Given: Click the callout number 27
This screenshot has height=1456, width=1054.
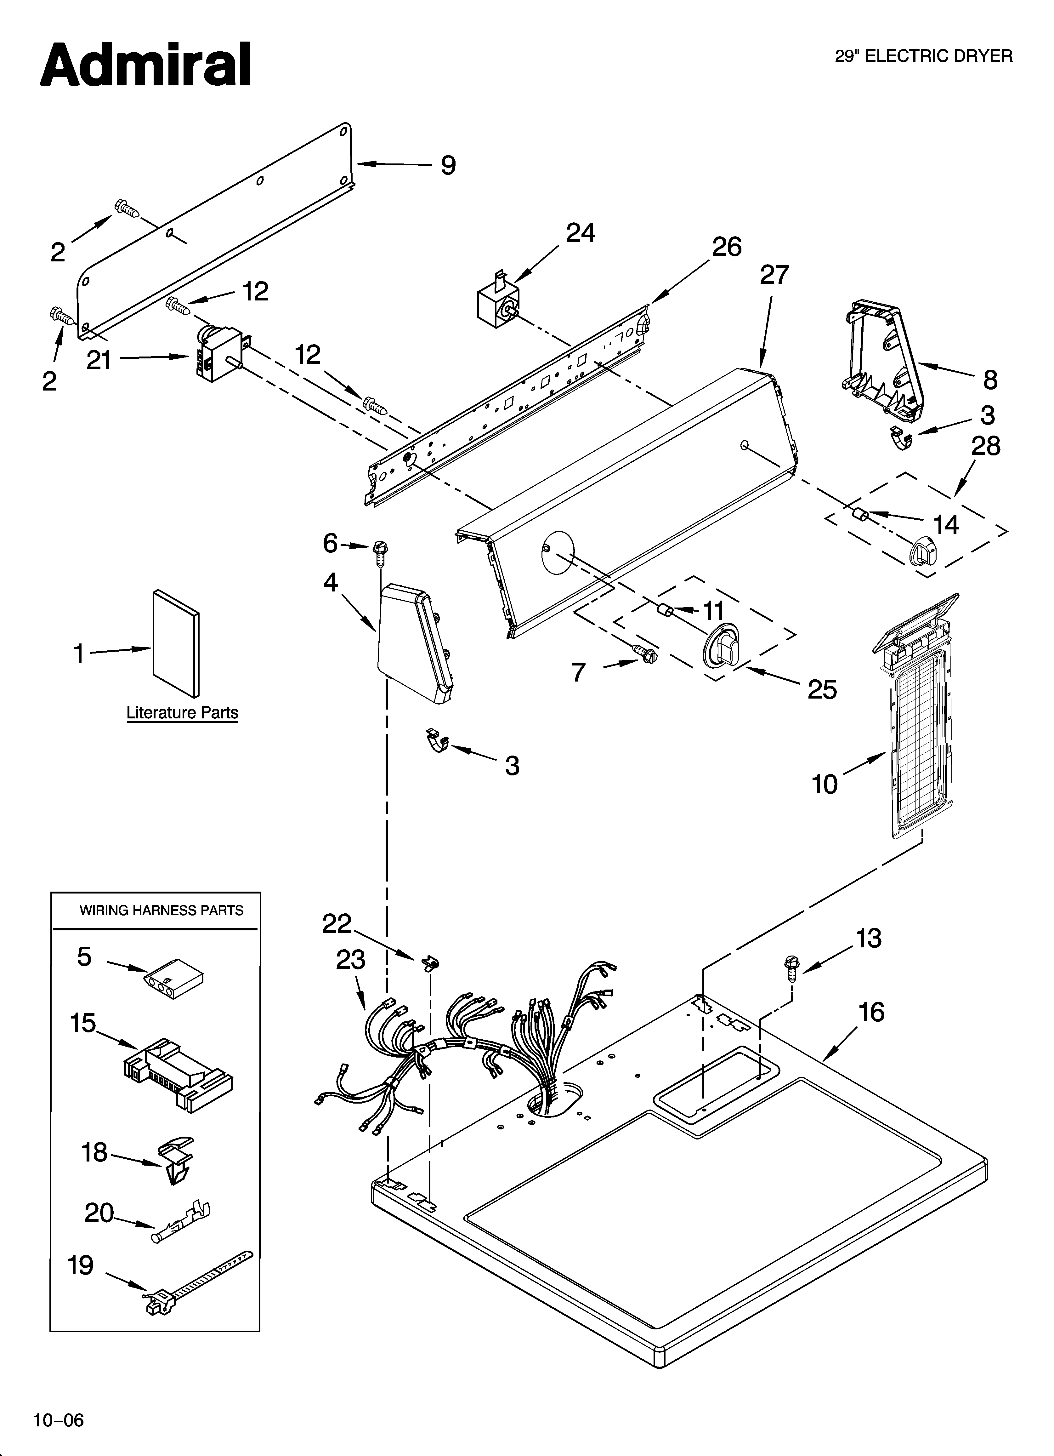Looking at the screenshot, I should click(774, 275).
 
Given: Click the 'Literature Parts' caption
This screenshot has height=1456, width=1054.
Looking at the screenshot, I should click(182, 713).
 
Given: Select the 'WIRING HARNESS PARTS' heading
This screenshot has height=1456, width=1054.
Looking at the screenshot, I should click(161, 910).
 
